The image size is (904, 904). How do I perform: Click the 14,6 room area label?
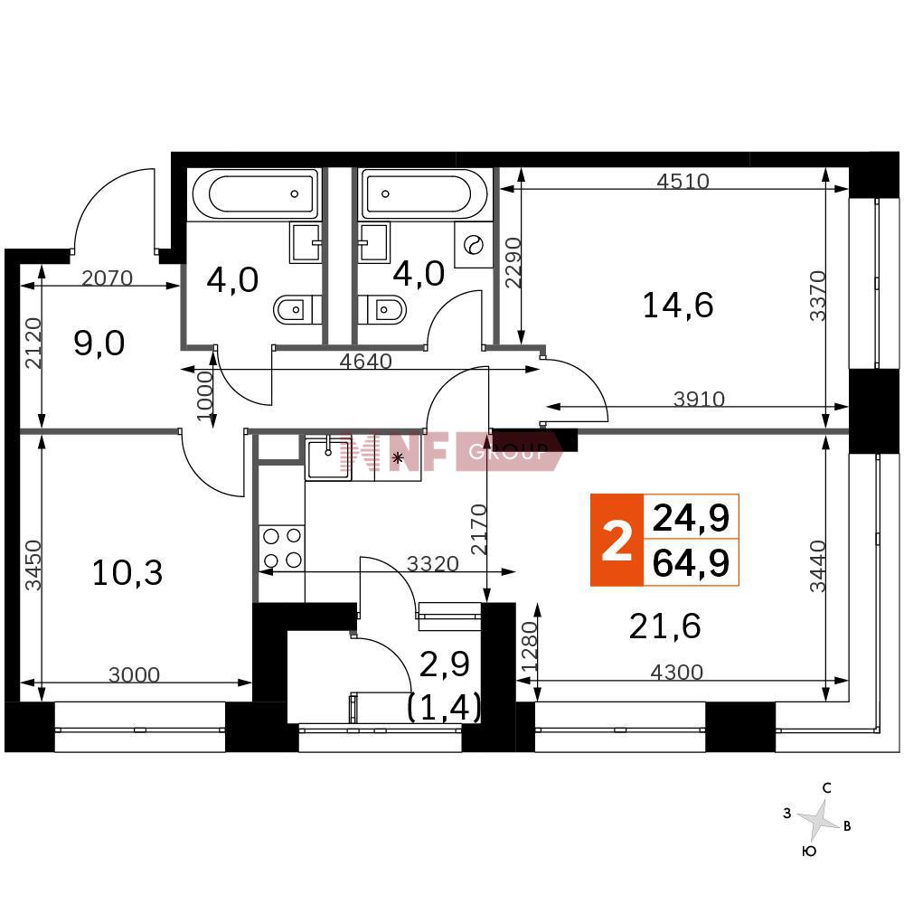(x=678, y=305)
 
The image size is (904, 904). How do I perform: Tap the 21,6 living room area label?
(x=664, y=626)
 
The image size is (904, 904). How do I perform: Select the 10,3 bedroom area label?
(x=127, y=573)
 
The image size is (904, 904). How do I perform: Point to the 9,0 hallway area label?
(x=99, y=344)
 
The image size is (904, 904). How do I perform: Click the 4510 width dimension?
(x=683, y=181)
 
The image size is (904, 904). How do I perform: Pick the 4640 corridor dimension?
(x=366, y=362)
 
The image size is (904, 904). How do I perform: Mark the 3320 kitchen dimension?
(x=433, y=563)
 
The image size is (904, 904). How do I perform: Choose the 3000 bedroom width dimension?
(x=135, y=674)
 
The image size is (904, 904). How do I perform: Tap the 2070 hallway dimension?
(x=108, y=278)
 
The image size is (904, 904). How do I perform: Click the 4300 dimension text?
(x=677, y=672)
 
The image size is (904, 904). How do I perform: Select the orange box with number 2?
(x=617, y=541)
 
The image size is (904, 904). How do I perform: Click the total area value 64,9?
(x=692, y=563)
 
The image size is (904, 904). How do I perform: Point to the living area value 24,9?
(x=692, y=518)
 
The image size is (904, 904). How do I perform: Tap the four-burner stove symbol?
(x=282, y=548)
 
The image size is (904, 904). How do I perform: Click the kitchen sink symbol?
(x=328, y=457)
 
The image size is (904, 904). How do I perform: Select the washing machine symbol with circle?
(x=474, y=244)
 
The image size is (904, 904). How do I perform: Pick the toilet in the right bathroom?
(x=381, y=310)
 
